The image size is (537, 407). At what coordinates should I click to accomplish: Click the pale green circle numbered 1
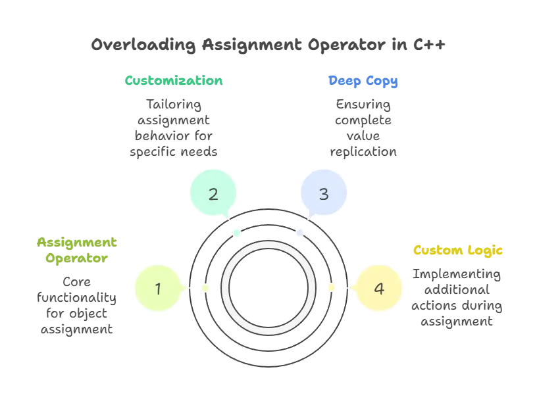point(157,287)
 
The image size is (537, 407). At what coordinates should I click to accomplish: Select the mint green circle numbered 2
point(213,194)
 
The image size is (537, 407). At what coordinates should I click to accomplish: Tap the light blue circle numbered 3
point(323,194)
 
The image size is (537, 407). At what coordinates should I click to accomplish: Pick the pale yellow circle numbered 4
point(378,288)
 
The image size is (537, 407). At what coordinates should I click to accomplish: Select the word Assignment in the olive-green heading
point(75,243)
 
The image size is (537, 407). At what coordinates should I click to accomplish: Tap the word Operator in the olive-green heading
point(76,258)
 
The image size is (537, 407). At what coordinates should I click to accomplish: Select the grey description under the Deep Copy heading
point(363,128)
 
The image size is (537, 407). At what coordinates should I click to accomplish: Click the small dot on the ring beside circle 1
point(205,288)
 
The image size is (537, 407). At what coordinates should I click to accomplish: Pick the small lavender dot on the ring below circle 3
point(299,233)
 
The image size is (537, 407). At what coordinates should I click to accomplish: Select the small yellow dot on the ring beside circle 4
point(331,287)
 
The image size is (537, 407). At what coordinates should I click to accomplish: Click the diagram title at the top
point(268,45)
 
